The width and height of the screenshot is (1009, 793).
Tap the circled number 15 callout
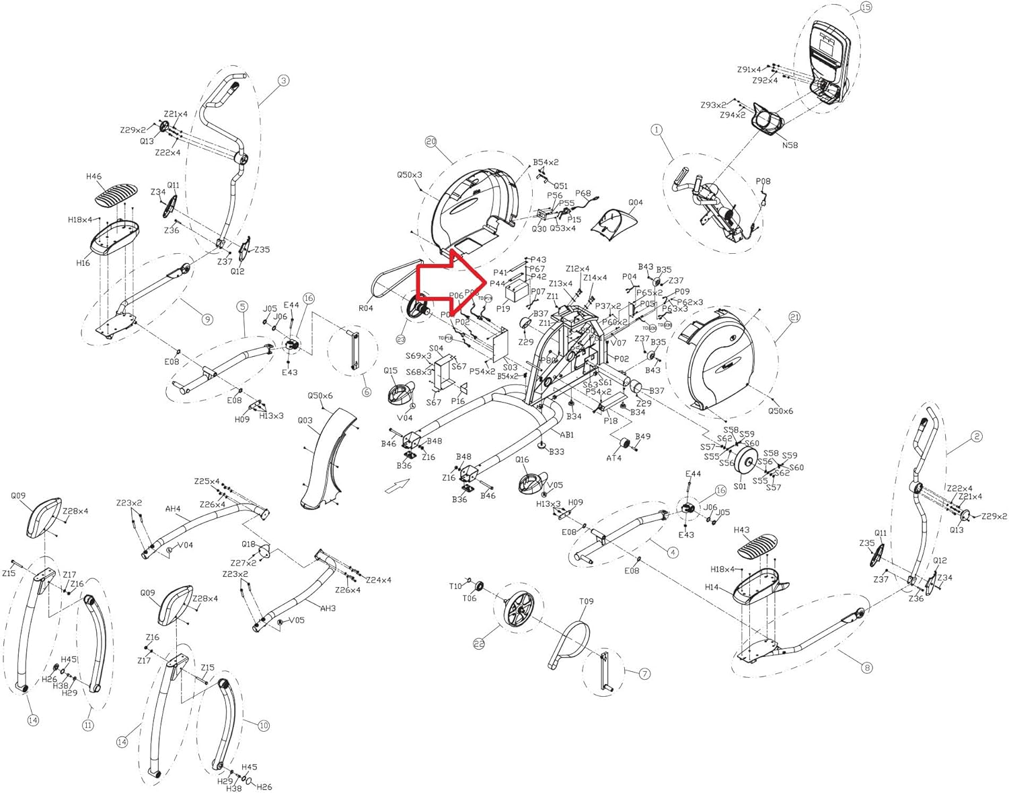pos(865,7)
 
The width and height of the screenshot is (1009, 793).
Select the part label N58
pos(790,145)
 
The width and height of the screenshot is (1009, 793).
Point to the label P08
pos(763,181)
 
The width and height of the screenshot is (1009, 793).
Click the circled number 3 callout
pos(283,80)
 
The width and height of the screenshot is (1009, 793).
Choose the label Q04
pos(635,202)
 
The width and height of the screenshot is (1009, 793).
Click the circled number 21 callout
pos(794,316)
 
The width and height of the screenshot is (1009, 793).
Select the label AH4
pos(173,509)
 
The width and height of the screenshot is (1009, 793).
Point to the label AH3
pos(328,608)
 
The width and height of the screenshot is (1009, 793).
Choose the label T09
pos(586,601)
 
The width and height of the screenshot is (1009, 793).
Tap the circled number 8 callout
pos(866,667)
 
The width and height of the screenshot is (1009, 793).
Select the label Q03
pos(305,420)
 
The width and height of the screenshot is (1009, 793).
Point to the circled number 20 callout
pos(431,141)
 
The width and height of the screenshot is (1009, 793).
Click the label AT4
pos(613,458)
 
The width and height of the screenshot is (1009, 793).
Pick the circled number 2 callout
pos(976,436)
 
